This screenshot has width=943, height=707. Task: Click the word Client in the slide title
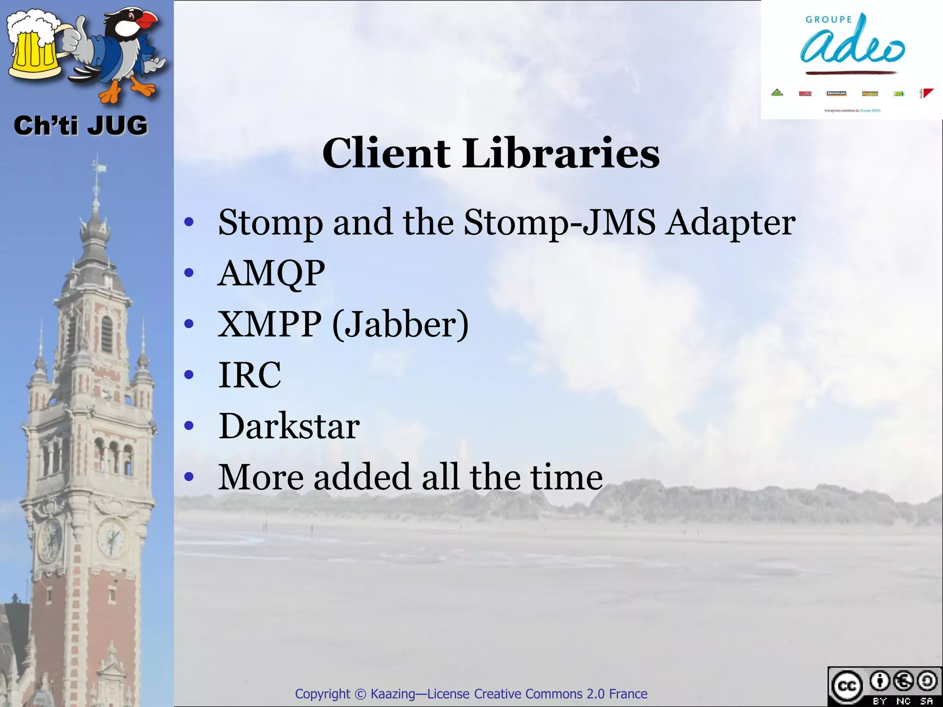(386, 153)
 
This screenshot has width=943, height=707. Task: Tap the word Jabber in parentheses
(400, 325)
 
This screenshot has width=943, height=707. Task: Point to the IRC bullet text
(249, 375)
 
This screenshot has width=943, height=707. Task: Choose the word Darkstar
(289, 426)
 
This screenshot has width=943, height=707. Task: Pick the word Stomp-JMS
(559, 223)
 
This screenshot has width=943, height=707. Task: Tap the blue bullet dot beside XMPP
(189, 324)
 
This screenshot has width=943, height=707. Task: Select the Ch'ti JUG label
(81, 126)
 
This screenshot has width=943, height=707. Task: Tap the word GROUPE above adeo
(828, 19)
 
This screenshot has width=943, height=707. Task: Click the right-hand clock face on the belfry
(112, 538)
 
